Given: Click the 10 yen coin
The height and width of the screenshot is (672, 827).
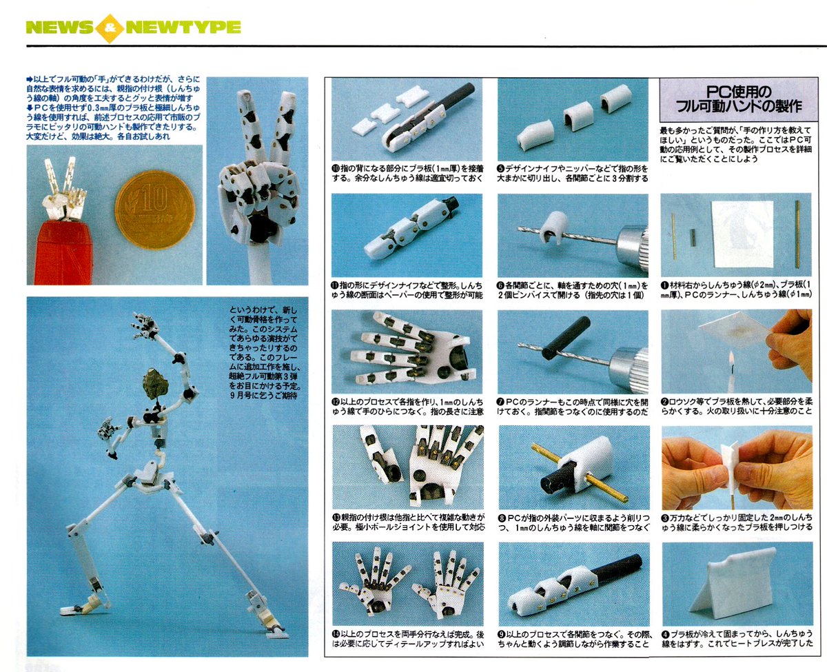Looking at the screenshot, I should pyautogui.click(x=150, y=210).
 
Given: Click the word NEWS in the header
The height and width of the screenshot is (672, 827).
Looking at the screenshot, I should pyautogui.click(x=59, y=28).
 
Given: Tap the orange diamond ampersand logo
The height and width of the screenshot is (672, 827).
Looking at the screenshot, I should pyautogui.click(x=110, y=28).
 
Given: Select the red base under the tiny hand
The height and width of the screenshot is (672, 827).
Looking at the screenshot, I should pyautogui.click(x=63, y=252).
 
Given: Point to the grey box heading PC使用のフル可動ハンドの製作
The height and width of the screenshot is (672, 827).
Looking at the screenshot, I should pyautogui.click(x=735, y=99).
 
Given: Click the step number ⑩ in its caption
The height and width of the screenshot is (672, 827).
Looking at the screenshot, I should pyautogui.click(x=336, y=167).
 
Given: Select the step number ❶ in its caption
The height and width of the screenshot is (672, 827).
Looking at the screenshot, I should pyautogui.click(x=665, y=285).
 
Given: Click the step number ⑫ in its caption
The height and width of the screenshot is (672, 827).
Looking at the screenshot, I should pyautogui.click(x=336, y=400).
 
